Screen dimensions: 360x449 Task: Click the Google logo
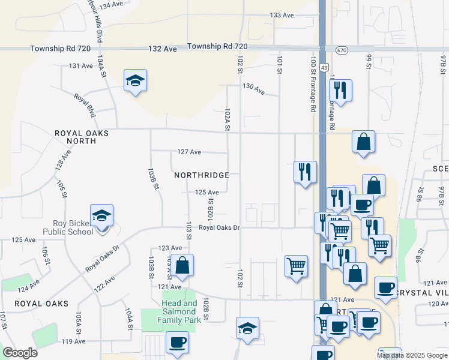20,353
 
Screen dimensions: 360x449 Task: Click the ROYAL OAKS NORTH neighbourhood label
82,137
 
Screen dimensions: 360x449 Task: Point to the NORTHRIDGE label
202,175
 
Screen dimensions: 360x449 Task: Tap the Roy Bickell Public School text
68,227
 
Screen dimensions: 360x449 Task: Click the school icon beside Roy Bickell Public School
102,215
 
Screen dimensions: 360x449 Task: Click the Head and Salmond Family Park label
179,307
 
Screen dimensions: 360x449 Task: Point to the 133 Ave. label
283,15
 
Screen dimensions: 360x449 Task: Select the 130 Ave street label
253,88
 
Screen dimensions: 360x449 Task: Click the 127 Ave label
188,152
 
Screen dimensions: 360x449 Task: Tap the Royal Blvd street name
85,105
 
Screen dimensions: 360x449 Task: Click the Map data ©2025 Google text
412,355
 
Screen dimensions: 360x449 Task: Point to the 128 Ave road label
63,161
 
